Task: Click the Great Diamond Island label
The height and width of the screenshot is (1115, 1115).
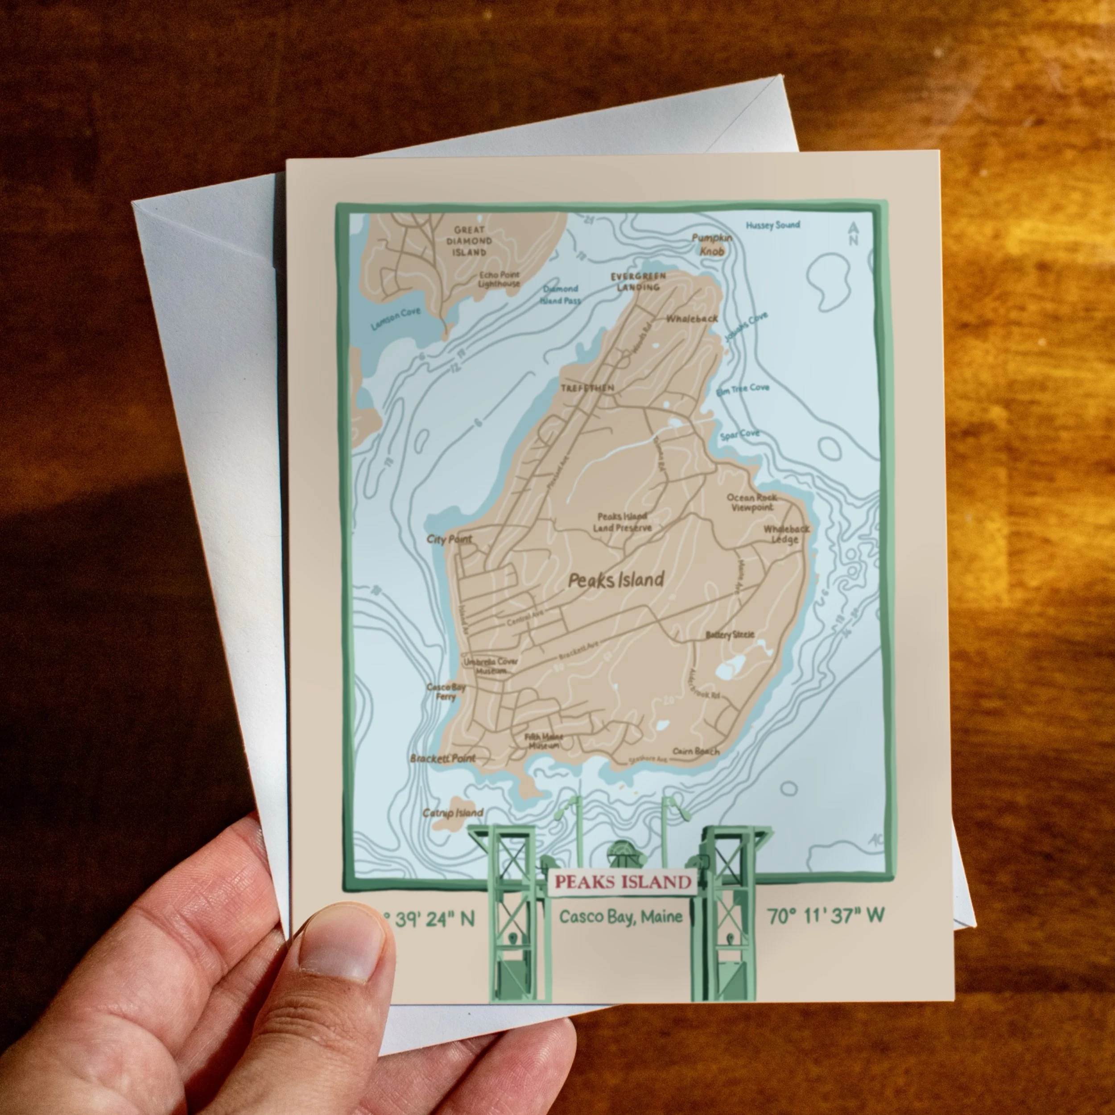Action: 469,241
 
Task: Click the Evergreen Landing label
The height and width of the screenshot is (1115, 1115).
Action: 638,281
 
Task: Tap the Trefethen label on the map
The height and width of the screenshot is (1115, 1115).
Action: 587,388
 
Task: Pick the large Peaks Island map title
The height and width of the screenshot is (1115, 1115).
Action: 616,580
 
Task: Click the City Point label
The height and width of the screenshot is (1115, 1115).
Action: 449,539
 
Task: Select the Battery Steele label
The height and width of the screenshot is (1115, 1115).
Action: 730,635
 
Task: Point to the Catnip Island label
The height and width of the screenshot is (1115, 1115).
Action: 452,813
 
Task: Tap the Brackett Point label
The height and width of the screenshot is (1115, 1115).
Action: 442,758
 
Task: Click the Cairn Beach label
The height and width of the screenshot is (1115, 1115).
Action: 696,752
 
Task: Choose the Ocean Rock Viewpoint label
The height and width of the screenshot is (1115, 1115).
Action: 752,503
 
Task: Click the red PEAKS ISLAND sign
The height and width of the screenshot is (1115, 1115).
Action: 622,882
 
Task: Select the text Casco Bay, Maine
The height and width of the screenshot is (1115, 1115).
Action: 620,917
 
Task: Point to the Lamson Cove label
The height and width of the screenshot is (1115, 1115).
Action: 396,318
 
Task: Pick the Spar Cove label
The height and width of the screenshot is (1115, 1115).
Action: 739,434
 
